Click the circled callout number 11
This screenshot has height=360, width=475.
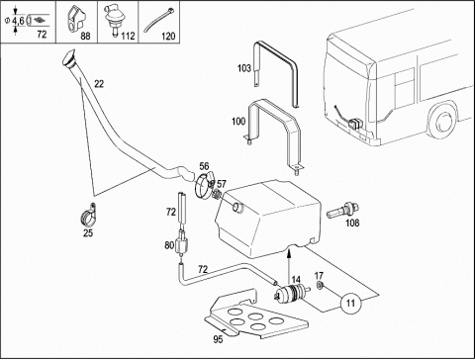pyautogui.click(x=351, y=303)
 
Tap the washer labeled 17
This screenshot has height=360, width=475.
pyautogui.click(x=320, y=285)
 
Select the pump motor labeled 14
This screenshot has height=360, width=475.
pyautogui.click(x=292, y=293)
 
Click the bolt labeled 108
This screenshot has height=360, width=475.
pyautogui.click(x=342, y=211)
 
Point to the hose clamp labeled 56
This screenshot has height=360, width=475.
pyautogui.click(x=204, y=186)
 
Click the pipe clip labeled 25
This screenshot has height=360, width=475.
pyautogui.click(x=88, y=215)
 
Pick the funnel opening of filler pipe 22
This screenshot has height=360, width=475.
pyautogui.click(x=69, y=58)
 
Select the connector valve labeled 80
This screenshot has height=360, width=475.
pyautogui.click(x=182, y=244)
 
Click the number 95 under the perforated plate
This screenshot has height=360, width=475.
pyautogui.click(x=218, y=339)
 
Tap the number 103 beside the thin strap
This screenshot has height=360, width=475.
pyautogui.click(x=244, y=68)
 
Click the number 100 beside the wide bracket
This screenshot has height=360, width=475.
pyautogui.click(x=238, y=122)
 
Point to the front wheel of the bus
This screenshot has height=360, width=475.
pyautogui.click(x=443, y=122)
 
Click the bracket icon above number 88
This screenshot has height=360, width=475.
pyautogui.click(x=76, y=18)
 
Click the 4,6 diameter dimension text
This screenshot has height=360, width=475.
pyautogui.click(x=18, y=21)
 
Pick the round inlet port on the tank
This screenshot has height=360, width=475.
pyautogui.click(x=237, y=208)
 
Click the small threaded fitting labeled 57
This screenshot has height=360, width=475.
pyautogui.click(x=218, y=194)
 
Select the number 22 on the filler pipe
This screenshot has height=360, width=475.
pyautogui.click(x=99, y=84)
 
